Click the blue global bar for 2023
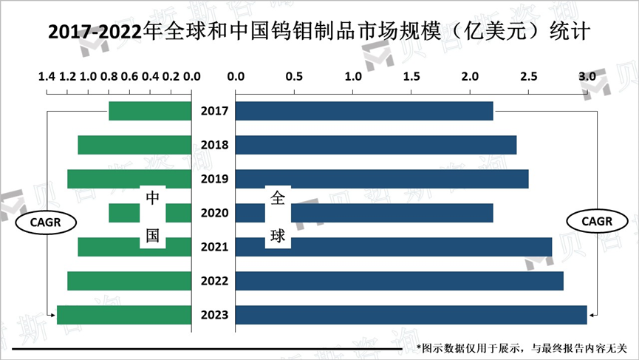[x=411, y=315]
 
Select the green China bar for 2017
[x=150, y=111]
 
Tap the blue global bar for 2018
[x=375, y=145]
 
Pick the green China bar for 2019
[x=129, y=179]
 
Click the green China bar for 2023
[x=124, y=315]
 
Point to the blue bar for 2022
[x=399, y=281]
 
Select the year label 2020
[x=214, y=214]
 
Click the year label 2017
[x=214, y=112]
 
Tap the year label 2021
[x=214, y=248]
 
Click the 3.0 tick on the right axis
[x=587, y=76]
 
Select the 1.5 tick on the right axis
[x=411, y=76]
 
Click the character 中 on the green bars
[x=152, y=198]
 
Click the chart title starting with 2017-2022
[x=319, y=33]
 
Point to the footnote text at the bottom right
[x=521, y=347]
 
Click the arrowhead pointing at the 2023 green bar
[x=52, y=316]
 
